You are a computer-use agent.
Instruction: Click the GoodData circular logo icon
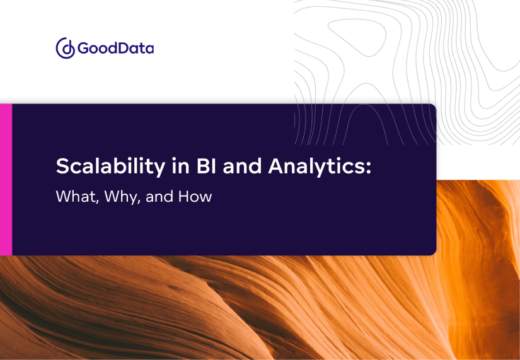click(66, 49)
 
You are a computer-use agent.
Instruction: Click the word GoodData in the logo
click(115, 49)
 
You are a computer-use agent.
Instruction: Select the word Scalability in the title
click(103, 167)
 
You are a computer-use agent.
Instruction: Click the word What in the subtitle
click(71, 197)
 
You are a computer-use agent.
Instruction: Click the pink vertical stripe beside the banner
click(6, 180)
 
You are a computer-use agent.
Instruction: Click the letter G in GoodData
click(84, 49)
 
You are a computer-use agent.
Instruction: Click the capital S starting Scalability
click(62, 167)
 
